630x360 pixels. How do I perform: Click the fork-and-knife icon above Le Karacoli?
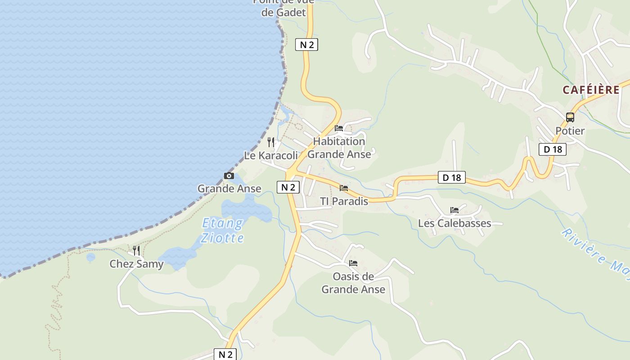[x=271, y=142]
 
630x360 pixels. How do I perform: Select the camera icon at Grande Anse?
[x=229, y=176]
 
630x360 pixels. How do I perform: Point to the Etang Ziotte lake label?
[x=223, y=230]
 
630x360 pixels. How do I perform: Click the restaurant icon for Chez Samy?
[x=136, y=251]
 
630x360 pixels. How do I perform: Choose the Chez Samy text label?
[x=136, y=264]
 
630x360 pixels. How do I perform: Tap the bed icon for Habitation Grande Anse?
[x=339, y=128]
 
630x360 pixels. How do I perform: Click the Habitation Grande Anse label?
[x=340, y=148]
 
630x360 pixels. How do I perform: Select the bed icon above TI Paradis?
[x=344, y=188]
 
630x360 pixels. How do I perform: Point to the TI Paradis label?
[x=344, y=201]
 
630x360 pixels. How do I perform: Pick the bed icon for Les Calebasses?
[x=454, y=210]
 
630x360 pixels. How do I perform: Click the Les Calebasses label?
[x=454, y=223]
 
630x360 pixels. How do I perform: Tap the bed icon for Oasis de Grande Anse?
[x=353, y=263]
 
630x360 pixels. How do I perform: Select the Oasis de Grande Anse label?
[x=353, y=283]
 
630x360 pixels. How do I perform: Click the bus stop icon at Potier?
[x=570, y=117]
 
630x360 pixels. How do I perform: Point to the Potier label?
[x=570, y=131]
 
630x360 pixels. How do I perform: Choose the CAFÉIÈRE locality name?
[x=591, y=90]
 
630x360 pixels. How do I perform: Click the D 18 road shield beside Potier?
[x=553, y=149]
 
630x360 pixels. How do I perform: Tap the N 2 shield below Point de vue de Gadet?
[x=306, y=45]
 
